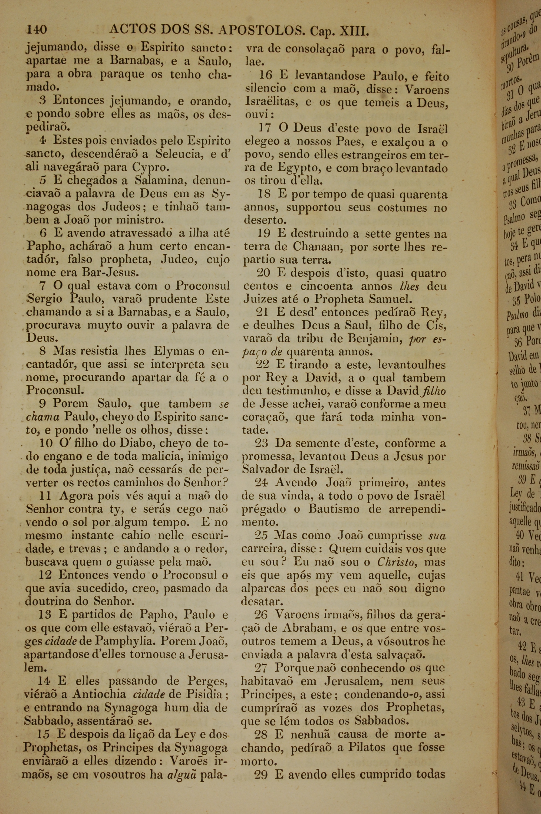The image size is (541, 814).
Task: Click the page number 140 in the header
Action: click(37, 30)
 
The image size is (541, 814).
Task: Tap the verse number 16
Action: click(266, 76)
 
